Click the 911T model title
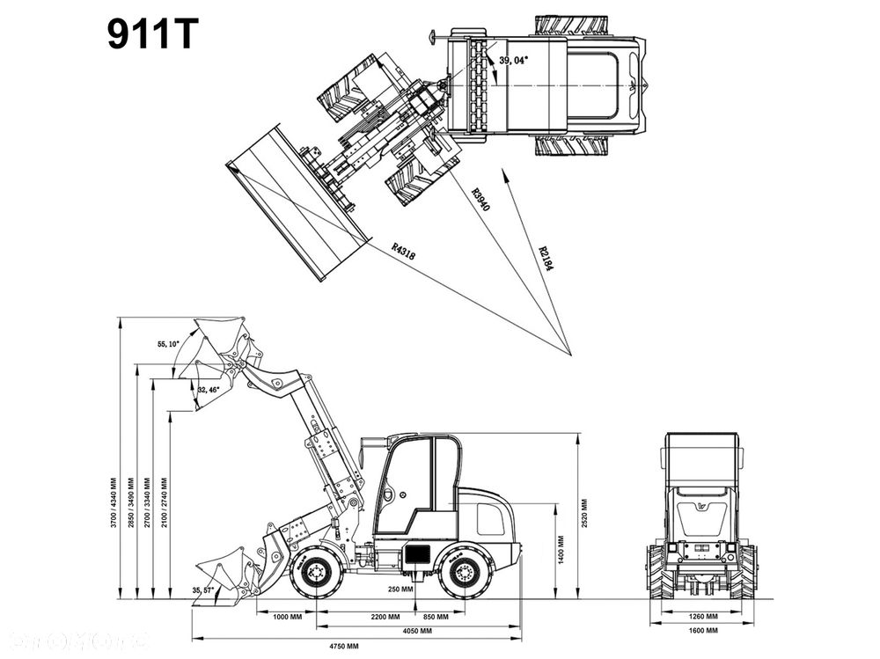click(153, 34)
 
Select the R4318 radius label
click(403, 251)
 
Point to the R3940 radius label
click(480, 201)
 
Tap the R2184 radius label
click(546, 258)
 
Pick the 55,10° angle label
click(168, 343)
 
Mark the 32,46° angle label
click(209, 389)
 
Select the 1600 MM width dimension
click(701, 631)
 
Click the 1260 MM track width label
click(701, 616)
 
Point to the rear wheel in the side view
click(464, 573)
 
